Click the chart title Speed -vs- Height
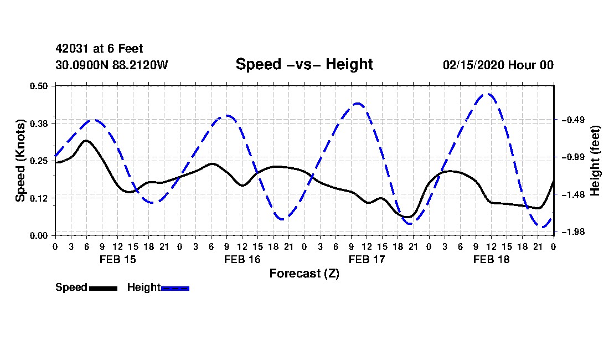(304, 64)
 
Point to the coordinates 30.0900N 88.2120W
(112, 65)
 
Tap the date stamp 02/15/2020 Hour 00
(498, 65)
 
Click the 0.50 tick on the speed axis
(39, 86)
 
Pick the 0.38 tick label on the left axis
(39, 124)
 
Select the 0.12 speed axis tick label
(39, 198)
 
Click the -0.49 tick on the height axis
(573, 120)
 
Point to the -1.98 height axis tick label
(573, 232)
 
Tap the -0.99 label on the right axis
(573, 157)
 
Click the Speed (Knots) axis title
(20, 161)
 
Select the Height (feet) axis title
(595, 161)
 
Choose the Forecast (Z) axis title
(304, 274)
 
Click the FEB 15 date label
(118, 259)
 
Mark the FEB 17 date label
(367, 259)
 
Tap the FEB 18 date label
(491, 259)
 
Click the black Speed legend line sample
(104, 288)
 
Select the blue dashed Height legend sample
(175, 288)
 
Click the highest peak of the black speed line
(86, 141)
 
